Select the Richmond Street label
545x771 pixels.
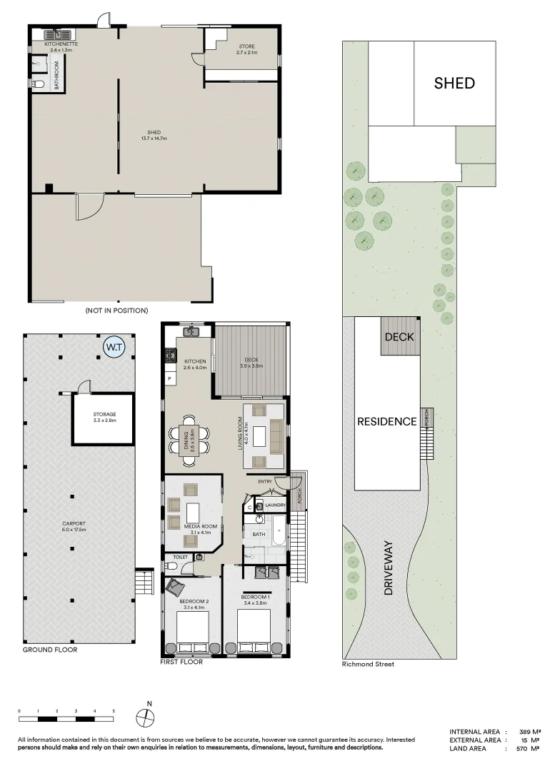click(368, 664)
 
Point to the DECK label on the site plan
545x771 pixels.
click(399, 336)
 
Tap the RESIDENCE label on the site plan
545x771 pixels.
click(386, 421)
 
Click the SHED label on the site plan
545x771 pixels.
click(454, 83)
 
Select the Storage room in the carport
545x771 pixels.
click(104, 418)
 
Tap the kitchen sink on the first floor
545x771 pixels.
click(190, 331)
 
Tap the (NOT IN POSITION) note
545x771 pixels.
click(116, 311)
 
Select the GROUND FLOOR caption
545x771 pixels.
click(50, 650)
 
